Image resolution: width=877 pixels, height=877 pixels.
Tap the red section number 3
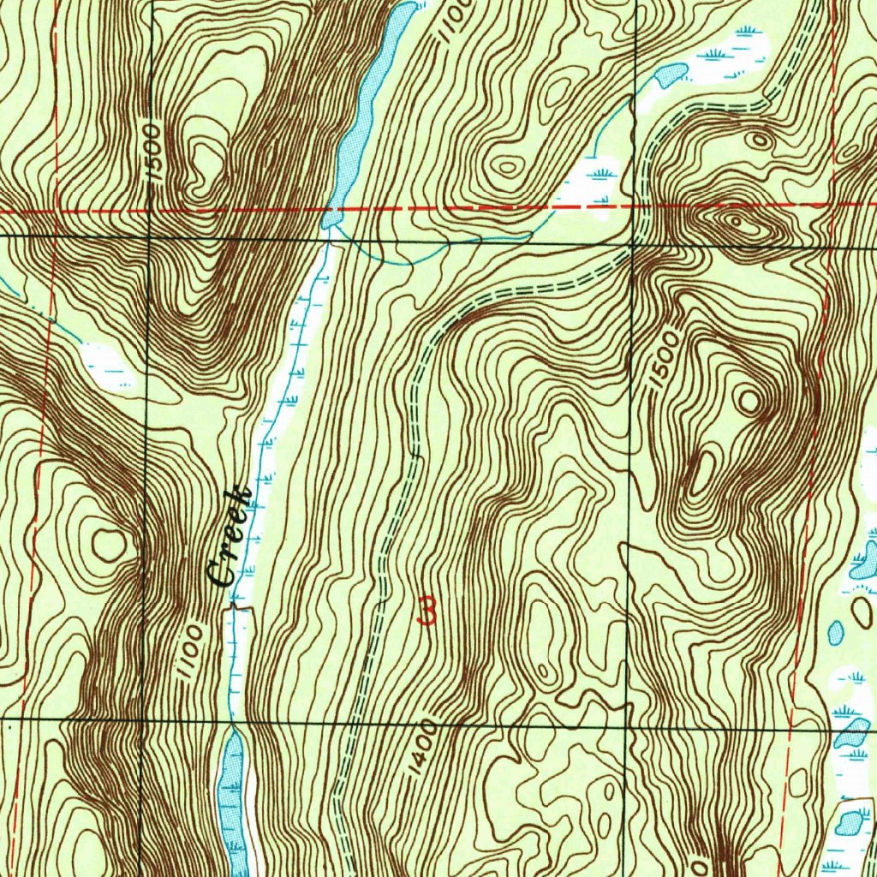pyautogui.click(x=427, y=612)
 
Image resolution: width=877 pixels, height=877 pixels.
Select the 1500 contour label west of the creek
pyautogui.click(x=152, y=151)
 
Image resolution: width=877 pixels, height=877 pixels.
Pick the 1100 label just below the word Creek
pyautogui.click(x=189, y=653)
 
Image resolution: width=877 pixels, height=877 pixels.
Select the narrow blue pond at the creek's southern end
pyautogui.click(x=232, y=796)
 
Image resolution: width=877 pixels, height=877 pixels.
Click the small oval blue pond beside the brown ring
pyautogui.click(x=836, y=633)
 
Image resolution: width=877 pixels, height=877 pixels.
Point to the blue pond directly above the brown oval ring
pyautogui.click(x=863, y=561)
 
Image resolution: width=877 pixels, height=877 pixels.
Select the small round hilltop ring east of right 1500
pyautogui.click(x=750, y=400)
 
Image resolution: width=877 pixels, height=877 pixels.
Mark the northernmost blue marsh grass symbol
pyautogui.click(x=747, y=32)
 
